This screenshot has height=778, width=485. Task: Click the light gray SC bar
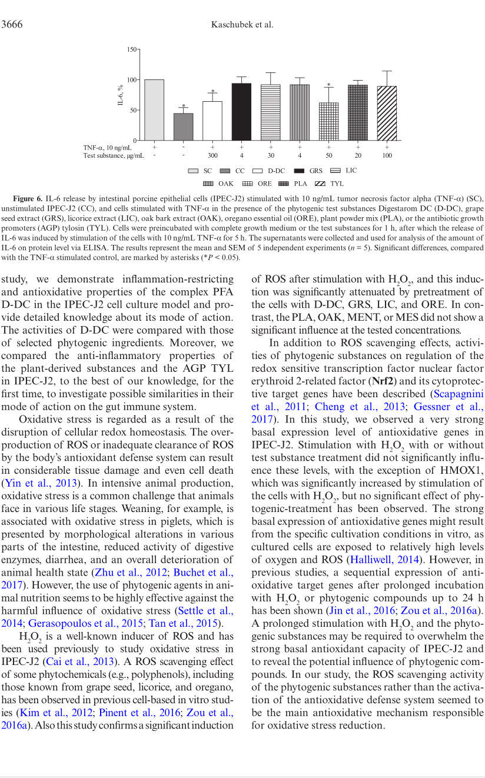(x=154, y=110)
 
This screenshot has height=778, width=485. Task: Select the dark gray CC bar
(x=183, y=127)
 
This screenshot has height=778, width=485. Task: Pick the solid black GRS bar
(x=241, y=112)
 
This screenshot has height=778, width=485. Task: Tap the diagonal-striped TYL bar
(x=387, y=113)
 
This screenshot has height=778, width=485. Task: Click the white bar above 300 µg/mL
(x=212, y=121)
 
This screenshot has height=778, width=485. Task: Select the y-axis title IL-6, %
(x=119, y=95)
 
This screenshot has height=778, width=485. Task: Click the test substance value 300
(x=212, y=156)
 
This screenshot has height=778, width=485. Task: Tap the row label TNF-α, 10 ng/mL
(x=107, y=147)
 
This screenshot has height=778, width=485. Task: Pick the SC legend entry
(x=200, y=171)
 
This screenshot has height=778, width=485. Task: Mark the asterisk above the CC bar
(x=183, y=106)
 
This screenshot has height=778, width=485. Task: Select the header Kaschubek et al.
(x=242, y=24)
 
